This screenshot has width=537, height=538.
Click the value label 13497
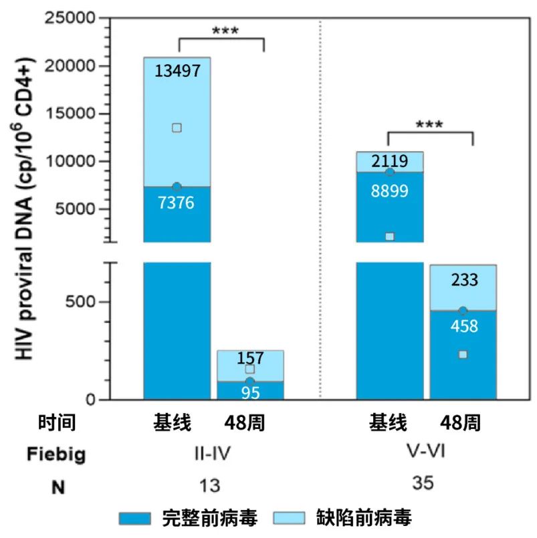[177, 71]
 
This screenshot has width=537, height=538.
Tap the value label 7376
[177, 203]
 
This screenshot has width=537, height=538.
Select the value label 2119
[390, 161]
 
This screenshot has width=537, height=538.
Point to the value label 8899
[390, 191]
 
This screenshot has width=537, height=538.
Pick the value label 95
[250, 392]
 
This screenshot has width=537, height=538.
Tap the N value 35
[425, 483]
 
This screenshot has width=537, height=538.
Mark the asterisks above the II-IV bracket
[225, 31]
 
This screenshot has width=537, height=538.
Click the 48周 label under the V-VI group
[461, 424]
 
